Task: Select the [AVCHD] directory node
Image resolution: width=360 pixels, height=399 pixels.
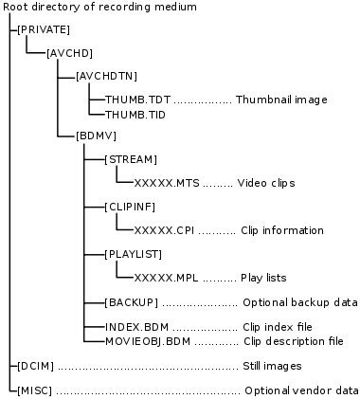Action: click(70, 53)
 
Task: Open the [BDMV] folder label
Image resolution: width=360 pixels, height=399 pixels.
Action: click(95, 136)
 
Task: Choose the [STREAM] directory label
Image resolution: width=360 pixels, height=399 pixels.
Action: click(132, 159)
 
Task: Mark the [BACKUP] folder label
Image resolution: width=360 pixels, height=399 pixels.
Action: click(132, 302)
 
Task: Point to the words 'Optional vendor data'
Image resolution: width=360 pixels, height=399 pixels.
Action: click(301, 390)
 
